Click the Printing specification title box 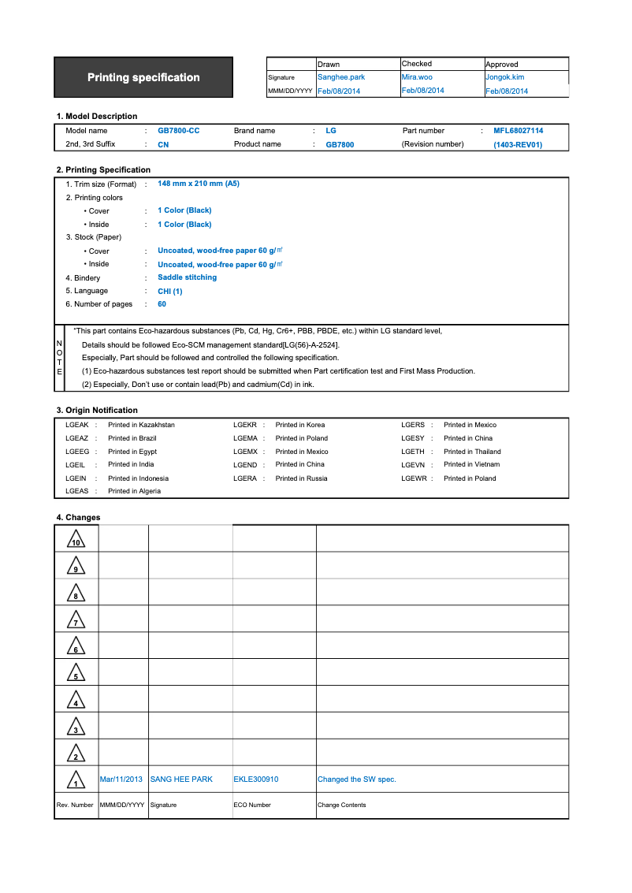tap(143, 77)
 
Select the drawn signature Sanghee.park tap(340, 77)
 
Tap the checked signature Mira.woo tap(417, 77)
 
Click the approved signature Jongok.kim tap(504, 77)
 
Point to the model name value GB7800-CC tap(179, 131)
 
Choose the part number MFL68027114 tap(518, 131)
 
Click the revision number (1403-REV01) tap(518, 145)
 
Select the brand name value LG tap(331, 131)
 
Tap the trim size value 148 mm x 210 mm tap(199, 184)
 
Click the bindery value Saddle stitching tap(187, 277)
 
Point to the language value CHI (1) tap(170, 292)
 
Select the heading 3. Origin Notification tap(97, 411)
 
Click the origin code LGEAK tap(76, 425)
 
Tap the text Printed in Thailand tap(472, 452)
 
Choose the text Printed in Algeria tap(134, 491)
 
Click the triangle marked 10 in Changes tap(76, 540)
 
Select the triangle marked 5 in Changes tap(76, 673)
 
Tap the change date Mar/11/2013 tap(121, 780)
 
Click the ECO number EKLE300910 tap(256, 780)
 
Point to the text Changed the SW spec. tap(356, 780)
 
